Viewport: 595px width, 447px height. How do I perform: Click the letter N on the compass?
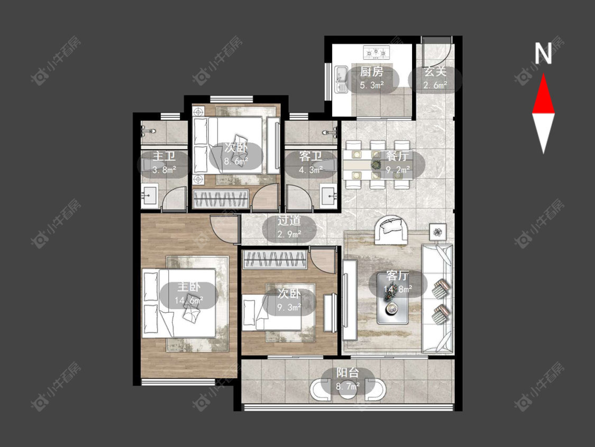point(543,53)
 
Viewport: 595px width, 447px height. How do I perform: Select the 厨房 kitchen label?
point(371,72)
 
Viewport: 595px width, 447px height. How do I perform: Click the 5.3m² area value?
point(372,85)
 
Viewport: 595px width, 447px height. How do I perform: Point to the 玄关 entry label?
point(435,72)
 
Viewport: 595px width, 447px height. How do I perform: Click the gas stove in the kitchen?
point(377,52)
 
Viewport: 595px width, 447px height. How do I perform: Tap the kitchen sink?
point(341,79)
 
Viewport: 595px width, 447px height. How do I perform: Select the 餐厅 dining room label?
point(398,156)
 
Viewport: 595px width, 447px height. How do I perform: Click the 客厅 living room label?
point(397,275)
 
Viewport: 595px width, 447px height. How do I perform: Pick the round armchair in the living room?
point(391,229)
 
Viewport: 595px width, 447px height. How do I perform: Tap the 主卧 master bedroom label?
point(189,287)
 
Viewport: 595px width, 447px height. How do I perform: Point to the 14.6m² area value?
point(189,301)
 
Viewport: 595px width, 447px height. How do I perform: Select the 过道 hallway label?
point(289,220)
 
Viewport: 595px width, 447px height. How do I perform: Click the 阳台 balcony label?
point(347,373)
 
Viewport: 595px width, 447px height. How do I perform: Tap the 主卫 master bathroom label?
point(164,156)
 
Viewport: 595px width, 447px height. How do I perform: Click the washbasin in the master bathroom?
point(150,195)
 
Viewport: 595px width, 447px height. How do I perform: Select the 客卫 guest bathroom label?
point(310,156)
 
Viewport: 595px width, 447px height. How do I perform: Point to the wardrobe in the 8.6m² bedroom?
point(221,199)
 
